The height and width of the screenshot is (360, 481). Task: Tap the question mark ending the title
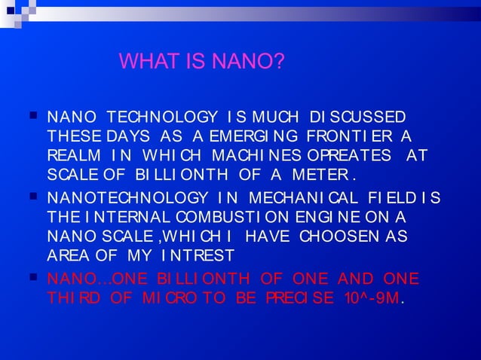[x=280, y=60]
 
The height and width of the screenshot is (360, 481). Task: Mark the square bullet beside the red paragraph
[x=32, y=279]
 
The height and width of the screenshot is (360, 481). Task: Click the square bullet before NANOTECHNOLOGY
[x=32, y=198]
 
